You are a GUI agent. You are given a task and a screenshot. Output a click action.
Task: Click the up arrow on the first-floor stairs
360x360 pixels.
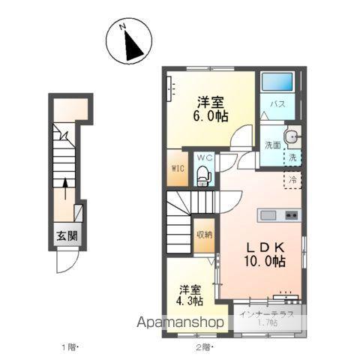point(65,187)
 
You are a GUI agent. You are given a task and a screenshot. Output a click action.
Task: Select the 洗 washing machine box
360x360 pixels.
point(293,157)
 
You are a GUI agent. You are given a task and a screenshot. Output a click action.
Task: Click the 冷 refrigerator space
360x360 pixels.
point(293,180)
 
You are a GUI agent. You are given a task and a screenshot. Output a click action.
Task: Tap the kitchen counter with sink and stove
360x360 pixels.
point(279,215)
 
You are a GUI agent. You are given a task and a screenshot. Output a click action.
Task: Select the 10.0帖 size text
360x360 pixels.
point(262,261)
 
